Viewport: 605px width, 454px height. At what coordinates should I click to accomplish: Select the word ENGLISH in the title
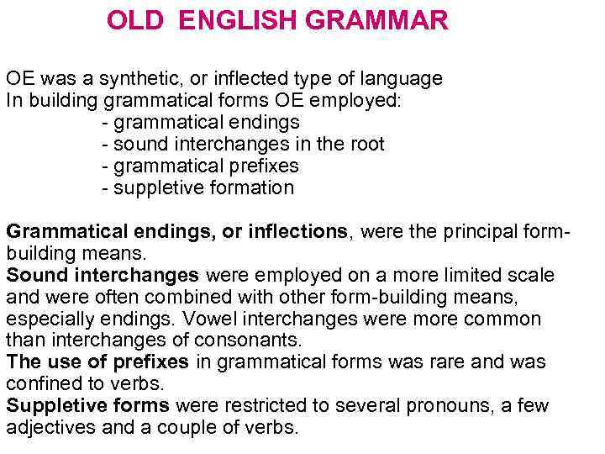(239, 21)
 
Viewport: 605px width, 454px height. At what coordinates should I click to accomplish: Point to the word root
(366, 145)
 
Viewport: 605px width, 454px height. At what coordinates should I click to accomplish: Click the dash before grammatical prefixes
(105, 166)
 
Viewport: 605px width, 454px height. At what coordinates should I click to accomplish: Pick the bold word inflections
(297, 231)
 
